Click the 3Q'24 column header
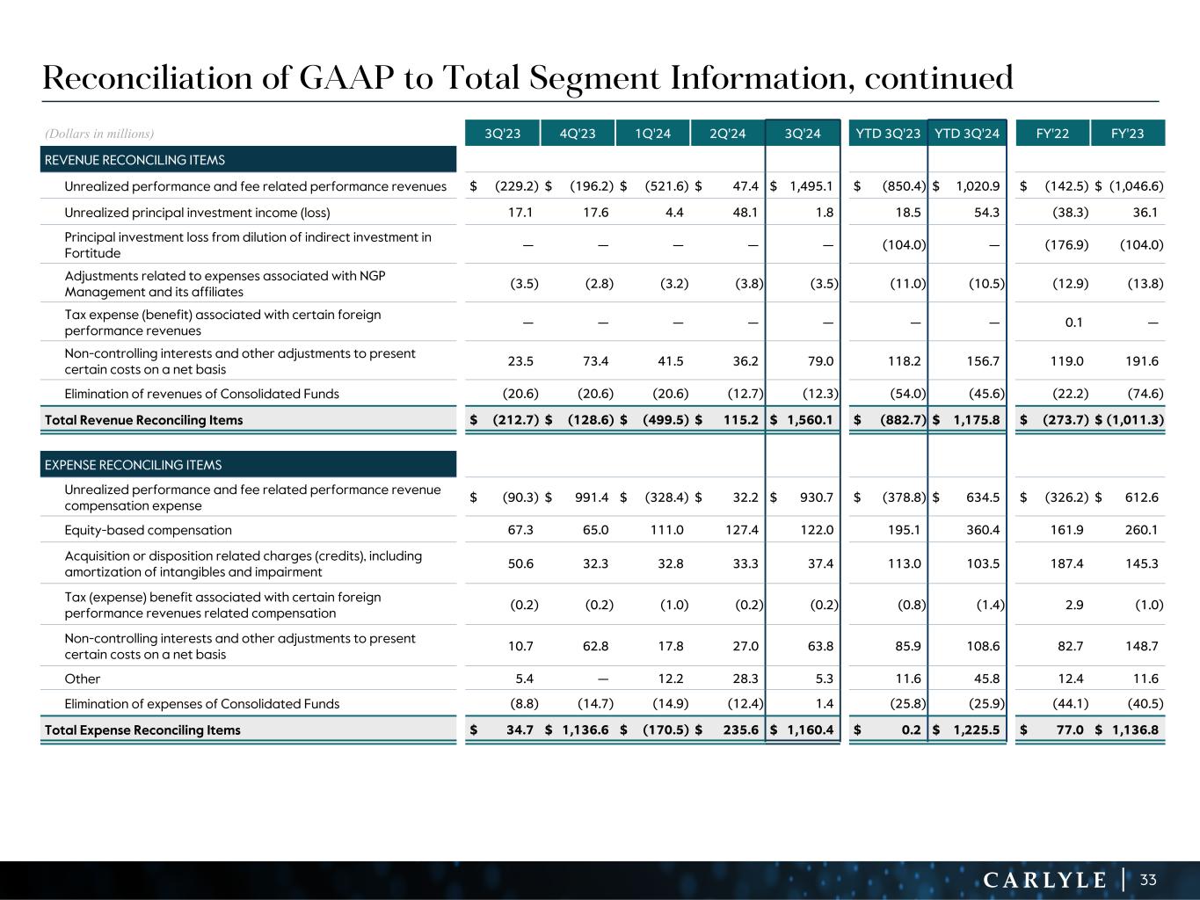click(x=803, y=134)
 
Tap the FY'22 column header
click(x=1052, y=134)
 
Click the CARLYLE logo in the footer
click(x=1044, y=880)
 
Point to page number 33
click(x=1148, y=880)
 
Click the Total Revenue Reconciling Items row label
click(x=143, y=420)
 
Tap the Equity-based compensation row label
click(x=149, y=530)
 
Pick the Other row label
click(x=83, y=679)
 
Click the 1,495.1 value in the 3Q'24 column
click(x=810, y=186)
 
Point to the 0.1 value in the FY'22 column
click(x=1073, y=323)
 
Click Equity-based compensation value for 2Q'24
click(x=745, y=530)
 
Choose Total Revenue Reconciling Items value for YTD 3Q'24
click(x=977, y=420)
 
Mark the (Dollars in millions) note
click(x=99, y=134)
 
